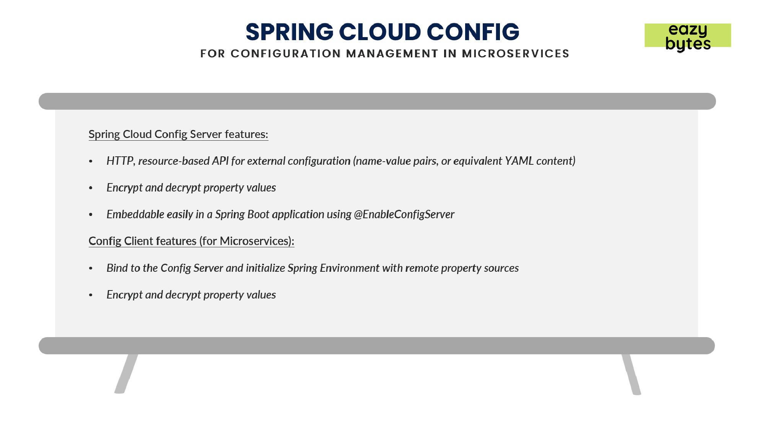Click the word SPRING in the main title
289,32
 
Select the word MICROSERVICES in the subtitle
516,54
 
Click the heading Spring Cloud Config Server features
178,135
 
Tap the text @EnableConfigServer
404,214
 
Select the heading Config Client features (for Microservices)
191,241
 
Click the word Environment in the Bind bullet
350,268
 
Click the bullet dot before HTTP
91,162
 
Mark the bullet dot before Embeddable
91,215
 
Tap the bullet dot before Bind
91,269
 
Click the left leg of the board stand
126,373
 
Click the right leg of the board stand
631,374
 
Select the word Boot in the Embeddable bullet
258,214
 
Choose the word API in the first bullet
220,161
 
